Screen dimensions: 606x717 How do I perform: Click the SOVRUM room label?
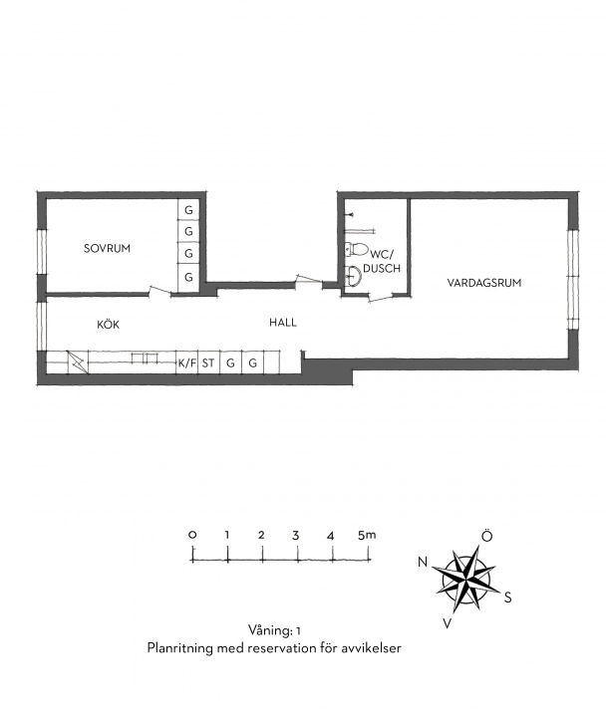(x=107, y=248)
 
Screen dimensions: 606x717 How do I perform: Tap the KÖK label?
(x=108, y=325)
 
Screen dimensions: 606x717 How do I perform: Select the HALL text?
(x=283, y=323)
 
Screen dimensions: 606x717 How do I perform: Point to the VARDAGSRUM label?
(x=484, y=283)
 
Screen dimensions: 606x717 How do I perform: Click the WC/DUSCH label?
(x=382, y=261)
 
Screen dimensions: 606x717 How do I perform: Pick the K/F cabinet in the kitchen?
(x=187, y=363)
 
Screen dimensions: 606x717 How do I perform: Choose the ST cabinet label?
(x=208, y=363)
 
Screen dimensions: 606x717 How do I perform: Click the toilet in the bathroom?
(x=356, y=249)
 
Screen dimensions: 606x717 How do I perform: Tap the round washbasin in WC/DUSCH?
(x=353, y=275)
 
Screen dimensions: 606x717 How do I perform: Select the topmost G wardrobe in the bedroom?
(x=188, y=210)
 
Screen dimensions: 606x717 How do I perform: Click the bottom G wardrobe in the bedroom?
(x=188, y=277)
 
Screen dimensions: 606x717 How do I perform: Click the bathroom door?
(x=381, y=298)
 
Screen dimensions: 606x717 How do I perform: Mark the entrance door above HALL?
(x=309, y=281)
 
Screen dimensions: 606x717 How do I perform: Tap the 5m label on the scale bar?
(x=367, y=535)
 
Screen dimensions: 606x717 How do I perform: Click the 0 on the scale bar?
(x=192, y=535)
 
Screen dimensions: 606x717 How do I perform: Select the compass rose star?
(x=466, y=580)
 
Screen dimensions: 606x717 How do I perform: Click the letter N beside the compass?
(x=423, y=562)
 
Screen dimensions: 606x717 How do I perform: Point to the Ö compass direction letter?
(x=487, y=536)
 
